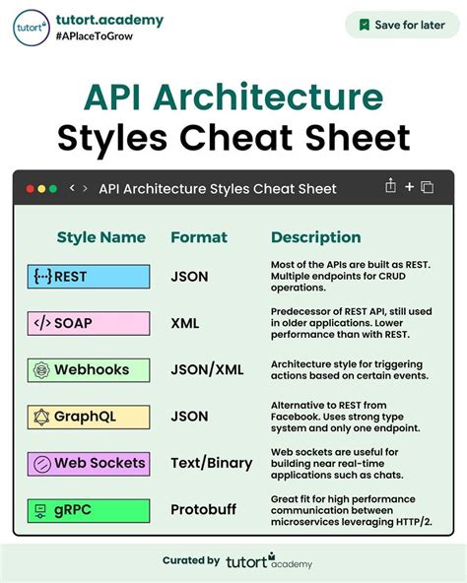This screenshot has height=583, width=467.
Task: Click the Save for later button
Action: [401, 25]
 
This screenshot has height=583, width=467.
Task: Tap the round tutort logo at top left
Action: [32, 28]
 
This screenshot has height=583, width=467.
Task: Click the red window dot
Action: [30, 188]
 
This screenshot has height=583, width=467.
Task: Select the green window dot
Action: [52, 188]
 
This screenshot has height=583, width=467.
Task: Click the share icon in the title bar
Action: [391, 186]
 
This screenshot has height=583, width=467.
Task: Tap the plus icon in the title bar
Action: [410, 187]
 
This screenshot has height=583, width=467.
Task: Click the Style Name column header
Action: [101, 237]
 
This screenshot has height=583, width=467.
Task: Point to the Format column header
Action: [199, 237]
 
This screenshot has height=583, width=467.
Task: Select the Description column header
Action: [315, 237]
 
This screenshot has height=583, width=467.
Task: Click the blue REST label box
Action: [89, 277]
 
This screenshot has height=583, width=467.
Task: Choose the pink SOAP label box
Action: [89, 323]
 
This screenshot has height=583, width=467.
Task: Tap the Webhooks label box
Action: [89, 370]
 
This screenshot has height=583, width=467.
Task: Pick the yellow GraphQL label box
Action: [89, 417]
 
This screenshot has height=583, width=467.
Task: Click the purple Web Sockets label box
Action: [89, 463]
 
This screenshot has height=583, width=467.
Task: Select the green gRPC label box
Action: [89, 510]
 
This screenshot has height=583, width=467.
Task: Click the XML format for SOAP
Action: [185, 323]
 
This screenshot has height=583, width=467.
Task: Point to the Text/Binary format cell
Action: [212, 463]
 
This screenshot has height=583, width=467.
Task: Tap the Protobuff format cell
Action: [204, 510]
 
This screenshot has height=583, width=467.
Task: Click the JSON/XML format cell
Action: [208, 370]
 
